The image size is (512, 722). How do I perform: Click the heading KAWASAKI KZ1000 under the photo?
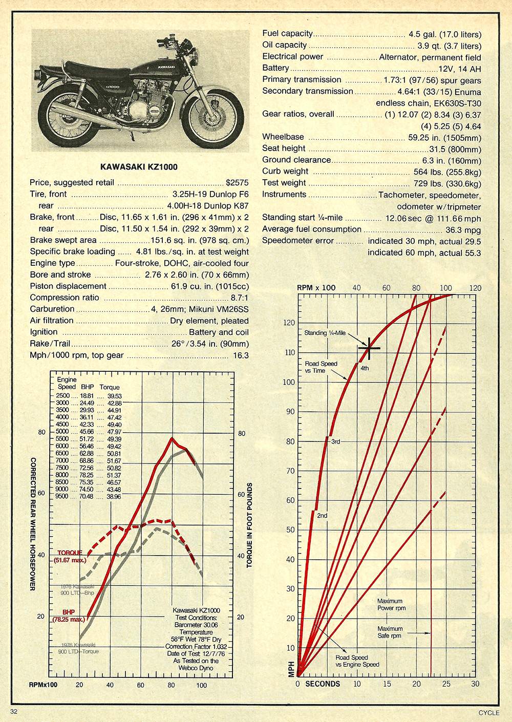click(x=139, y=167)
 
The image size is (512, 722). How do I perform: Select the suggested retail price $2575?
click(x=237, y=183)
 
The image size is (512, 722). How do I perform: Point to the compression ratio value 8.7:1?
click(x=239, y=298)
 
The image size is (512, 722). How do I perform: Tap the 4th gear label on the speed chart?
click(x=365, y=368)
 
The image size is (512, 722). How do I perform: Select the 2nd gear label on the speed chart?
click(x=322, y=515)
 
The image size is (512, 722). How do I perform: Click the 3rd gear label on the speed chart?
click(x=336, y=441)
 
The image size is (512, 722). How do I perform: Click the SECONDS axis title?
click(x=323, y=684)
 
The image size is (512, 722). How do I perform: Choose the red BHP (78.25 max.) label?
click(x=68, y=615)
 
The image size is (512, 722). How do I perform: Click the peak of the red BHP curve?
click(x=172, y=438)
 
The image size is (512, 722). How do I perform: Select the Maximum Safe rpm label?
click(x=390, y=632)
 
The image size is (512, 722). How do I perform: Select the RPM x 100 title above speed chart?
click(x=316, y=288)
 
